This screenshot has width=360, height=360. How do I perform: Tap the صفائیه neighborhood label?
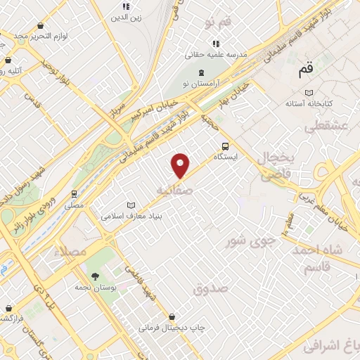[173, 190]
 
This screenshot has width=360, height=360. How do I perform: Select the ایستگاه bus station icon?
[225, 147]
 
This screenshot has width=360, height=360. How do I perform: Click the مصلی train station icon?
[74, 193]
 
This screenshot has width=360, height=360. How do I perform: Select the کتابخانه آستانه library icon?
[309, 92]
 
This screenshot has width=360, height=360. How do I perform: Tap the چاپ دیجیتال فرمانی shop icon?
[172, 316]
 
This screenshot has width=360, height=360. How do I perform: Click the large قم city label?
[304, 70]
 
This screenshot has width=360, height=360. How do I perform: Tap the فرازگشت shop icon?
[8, 308]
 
